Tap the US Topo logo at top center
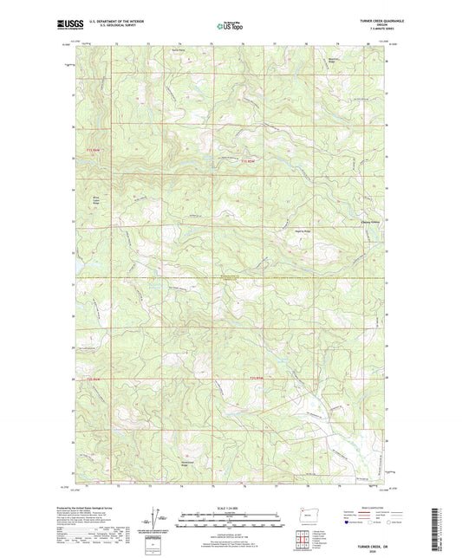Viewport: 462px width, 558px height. coord(227,26)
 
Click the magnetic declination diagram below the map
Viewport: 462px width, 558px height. coord(158,518)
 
